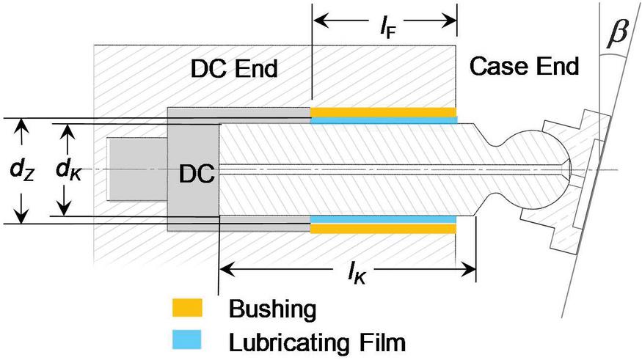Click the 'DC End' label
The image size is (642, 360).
(234, 69)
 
